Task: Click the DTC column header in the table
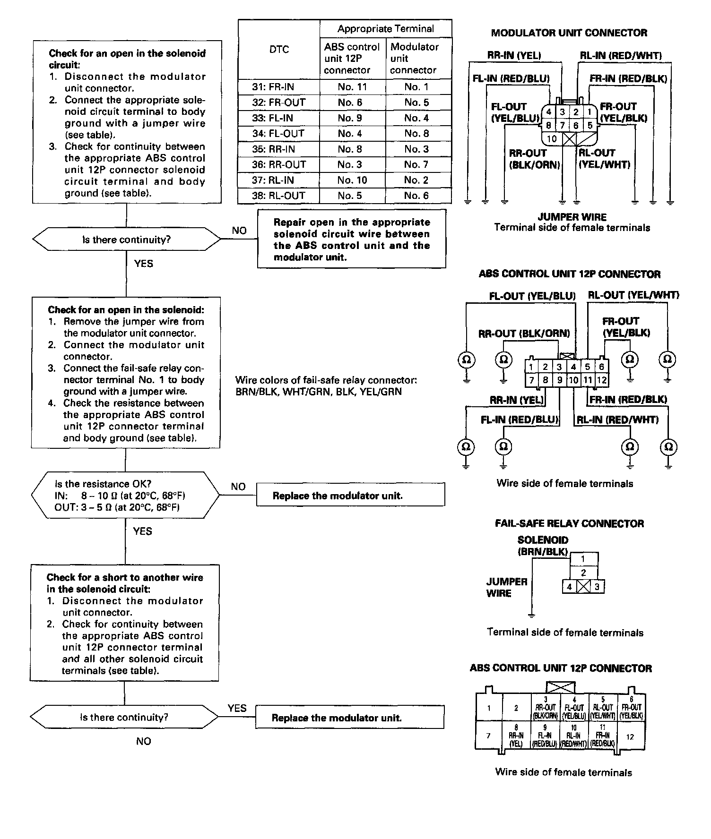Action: coord(279,50)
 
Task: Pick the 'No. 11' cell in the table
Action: coord(352,87)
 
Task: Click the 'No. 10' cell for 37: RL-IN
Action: coord(352,180)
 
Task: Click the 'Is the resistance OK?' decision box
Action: coord(125,496)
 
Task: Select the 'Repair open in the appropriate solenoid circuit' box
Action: coord(352,240)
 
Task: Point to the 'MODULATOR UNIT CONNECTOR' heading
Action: coord(569,33)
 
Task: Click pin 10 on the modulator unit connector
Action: coord(552,139)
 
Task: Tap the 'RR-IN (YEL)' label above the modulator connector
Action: coord(514,55)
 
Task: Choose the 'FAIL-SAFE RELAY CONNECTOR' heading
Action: coord(569,523)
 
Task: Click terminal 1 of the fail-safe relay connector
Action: coord(583,559)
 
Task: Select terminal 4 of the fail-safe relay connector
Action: coord(570,587)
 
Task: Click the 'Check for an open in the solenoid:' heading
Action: coord(126,310)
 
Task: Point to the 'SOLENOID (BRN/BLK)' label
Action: coord(543,546)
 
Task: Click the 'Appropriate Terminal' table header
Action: coord(385,29)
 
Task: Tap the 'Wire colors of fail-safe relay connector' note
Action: coord(326,385)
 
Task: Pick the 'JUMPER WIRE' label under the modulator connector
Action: coord(572,217)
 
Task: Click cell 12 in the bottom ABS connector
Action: coord(630,736)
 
